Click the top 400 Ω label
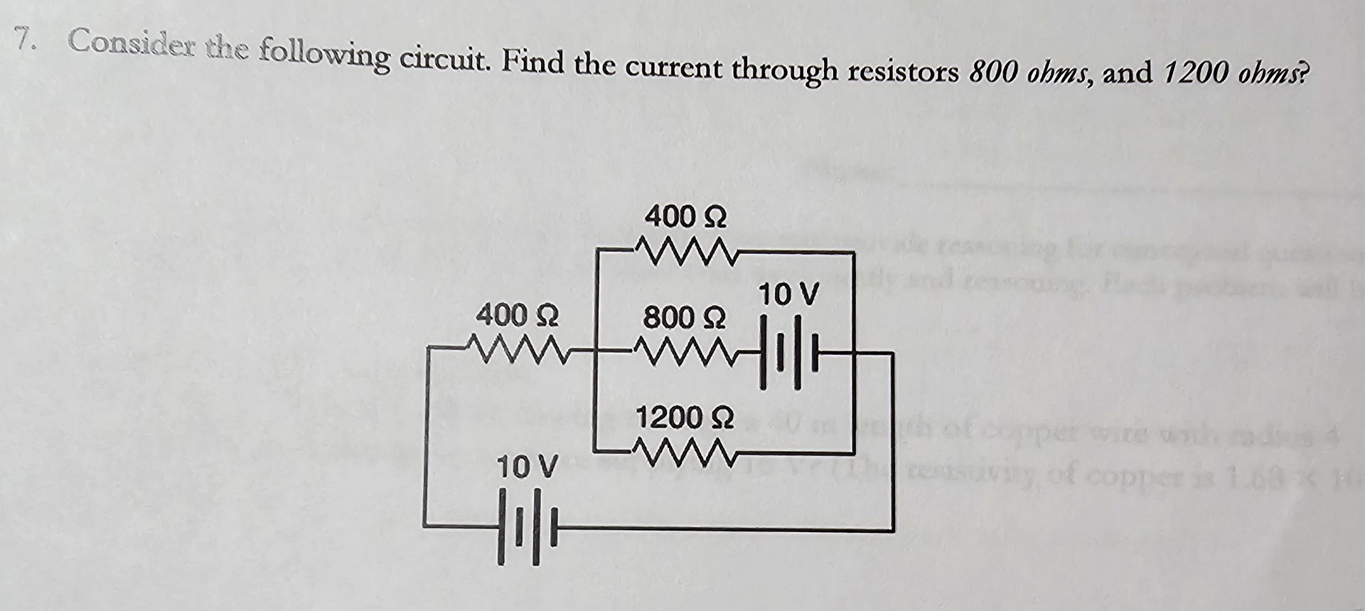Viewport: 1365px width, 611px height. click(685, 216)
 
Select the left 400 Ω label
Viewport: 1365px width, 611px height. click(518, 314)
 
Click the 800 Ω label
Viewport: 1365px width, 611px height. click(685, 317)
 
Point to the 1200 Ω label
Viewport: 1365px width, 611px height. click(685, 418)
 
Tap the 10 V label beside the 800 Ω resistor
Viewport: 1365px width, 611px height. click(789, 293)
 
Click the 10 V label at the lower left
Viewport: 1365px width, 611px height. click(527, 467)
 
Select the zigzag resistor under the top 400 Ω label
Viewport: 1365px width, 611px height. click(684, 250)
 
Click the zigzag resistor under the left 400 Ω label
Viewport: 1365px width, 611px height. click(517, 349)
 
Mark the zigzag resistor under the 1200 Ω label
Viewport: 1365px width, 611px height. click(684, 451)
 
